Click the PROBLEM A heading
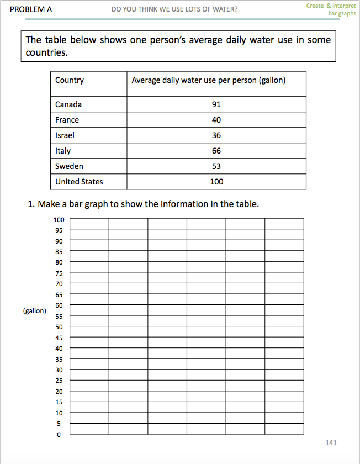31,9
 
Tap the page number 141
331,443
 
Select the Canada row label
68,104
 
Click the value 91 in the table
216,104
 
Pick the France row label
67,120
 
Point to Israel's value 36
216,135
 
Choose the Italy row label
63,151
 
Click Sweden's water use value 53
216,166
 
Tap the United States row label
79,182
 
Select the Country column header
70,80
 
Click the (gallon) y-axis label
35,311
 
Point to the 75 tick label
59,273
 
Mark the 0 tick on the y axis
59,435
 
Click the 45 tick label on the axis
59,338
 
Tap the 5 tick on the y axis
59,424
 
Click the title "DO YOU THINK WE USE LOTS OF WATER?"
174,9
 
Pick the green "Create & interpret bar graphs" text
331,9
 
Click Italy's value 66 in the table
216,151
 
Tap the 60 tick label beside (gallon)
59,305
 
